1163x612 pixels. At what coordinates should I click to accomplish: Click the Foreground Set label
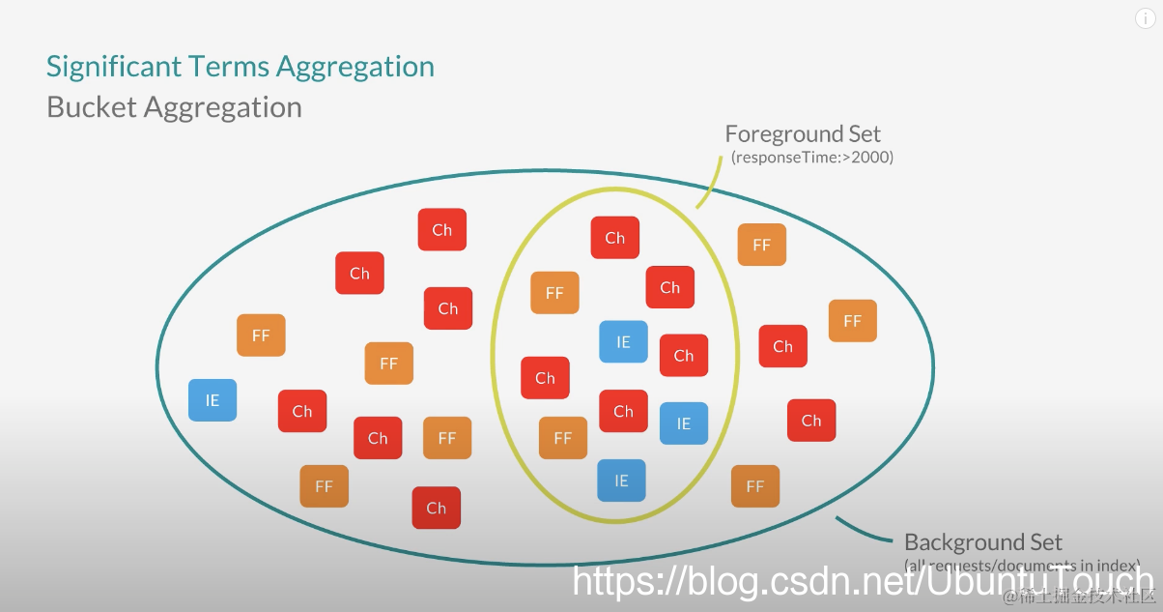(x=803, y=134)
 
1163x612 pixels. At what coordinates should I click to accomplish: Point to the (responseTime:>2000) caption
(x=811, y=157)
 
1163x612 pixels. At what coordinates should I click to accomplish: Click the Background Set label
(x=982, y=542)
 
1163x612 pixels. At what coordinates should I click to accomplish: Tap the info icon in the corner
(x=1144, y=19)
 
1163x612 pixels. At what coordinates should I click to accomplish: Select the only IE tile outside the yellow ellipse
(x=213, y=400)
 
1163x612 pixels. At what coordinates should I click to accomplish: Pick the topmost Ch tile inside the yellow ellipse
(x=615, y=238)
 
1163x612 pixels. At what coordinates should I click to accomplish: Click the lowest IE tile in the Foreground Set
(x=621, y=481)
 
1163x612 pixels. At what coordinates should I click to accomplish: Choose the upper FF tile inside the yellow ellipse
(x=554, y=293)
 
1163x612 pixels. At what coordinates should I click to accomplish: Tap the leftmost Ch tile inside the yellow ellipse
(x=545, y=378)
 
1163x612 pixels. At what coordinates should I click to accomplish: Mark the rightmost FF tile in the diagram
(x=852, y=321)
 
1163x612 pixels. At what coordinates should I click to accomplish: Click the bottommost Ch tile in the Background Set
(x=437, y=508)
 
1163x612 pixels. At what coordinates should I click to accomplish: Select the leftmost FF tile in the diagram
(x=261, y=335)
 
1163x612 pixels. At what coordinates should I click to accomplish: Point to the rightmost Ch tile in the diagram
(x=811, y=421)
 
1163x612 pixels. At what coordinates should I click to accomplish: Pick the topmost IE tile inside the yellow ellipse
(x=623, y=342)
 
